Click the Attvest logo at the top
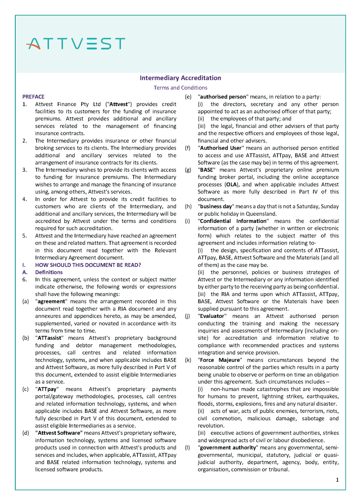76,43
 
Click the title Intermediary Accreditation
180,78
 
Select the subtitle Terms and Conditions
180,88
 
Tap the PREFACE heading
33,97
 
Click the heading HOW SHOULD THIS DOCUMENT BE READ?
88,265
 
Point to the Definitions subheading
49,272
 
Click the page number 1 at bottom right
337,480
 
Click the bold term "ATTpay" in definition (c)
47,389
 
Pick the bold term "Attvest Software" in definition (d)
59,433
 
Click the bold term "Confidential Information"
233,221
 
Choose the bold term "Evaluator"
212,316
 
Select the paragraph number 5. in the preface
25,236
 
